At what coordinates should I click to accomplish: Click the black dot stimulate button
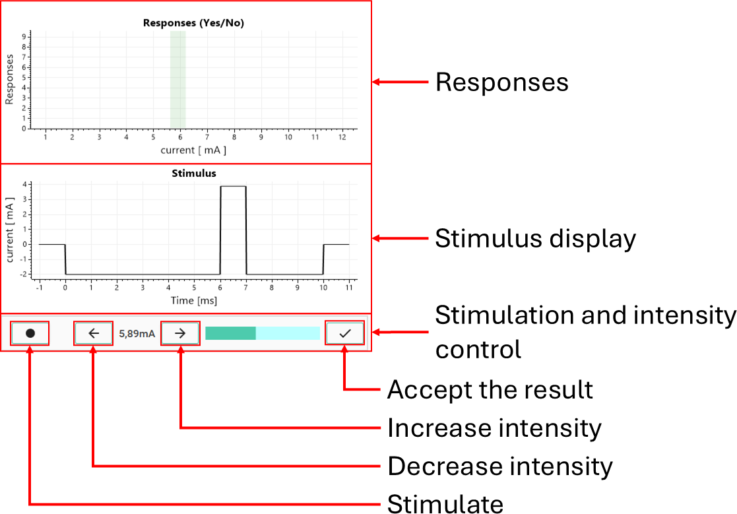30,333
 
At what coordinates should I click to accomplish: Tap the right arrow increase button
180,333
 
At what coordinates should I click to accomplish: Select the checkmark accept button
345,333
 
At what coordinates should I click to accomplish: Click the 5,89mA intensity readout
137,334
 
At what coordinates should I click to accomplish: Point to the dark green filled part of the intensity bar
230,333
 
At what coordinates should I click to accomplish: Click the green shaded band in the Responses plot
177,79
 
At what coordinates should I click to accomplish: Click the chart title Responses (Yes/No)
193,23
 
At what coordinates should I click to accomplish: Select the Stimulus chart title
193,174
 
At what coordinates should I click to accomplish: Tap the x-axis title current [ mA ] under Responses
193,150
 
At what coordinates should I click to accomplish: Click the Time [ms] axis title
193,301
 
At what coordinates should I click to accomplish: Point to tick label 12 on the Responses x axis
342,137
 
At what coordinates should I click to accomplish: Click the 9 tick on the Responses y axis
24,37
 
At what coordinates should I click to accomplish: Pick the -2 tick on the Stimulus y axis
24,274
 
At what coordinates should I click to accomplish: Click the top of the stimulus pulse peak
233,187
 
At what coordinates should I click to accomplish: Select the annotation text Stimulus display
535,239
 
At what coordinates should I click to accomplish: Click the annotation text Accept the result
490,389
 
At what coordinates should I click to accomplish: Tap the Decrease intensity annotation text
500,466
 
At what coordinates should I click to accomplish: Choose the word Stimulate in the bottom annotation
445,503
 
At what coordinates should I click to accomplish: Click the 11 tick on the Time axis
349,288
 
